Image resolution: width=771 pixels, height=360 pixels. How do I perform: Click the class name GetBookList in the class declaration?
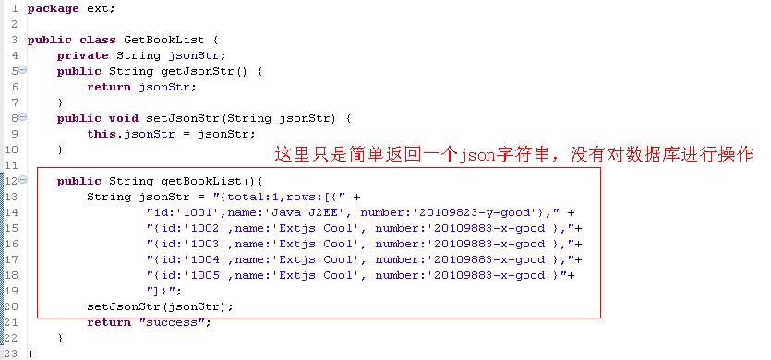point(170,40)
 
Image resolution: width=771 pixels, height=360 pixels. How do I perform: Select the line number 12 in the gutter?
point(10,181)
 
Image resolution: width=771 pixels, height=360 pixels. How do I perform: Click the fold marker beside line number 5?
point(22,71)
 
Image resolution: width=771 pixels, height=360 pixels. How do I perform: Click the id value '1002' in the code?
point(195,228)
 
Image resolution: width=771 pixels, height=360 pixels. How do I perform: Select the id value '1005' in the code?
point(195,275)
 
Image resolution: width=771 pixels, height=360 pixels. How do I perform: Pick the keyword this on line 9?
point(102,134)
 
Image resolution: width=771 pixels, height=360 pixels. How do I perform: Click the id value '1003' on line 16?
point(195,244)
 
